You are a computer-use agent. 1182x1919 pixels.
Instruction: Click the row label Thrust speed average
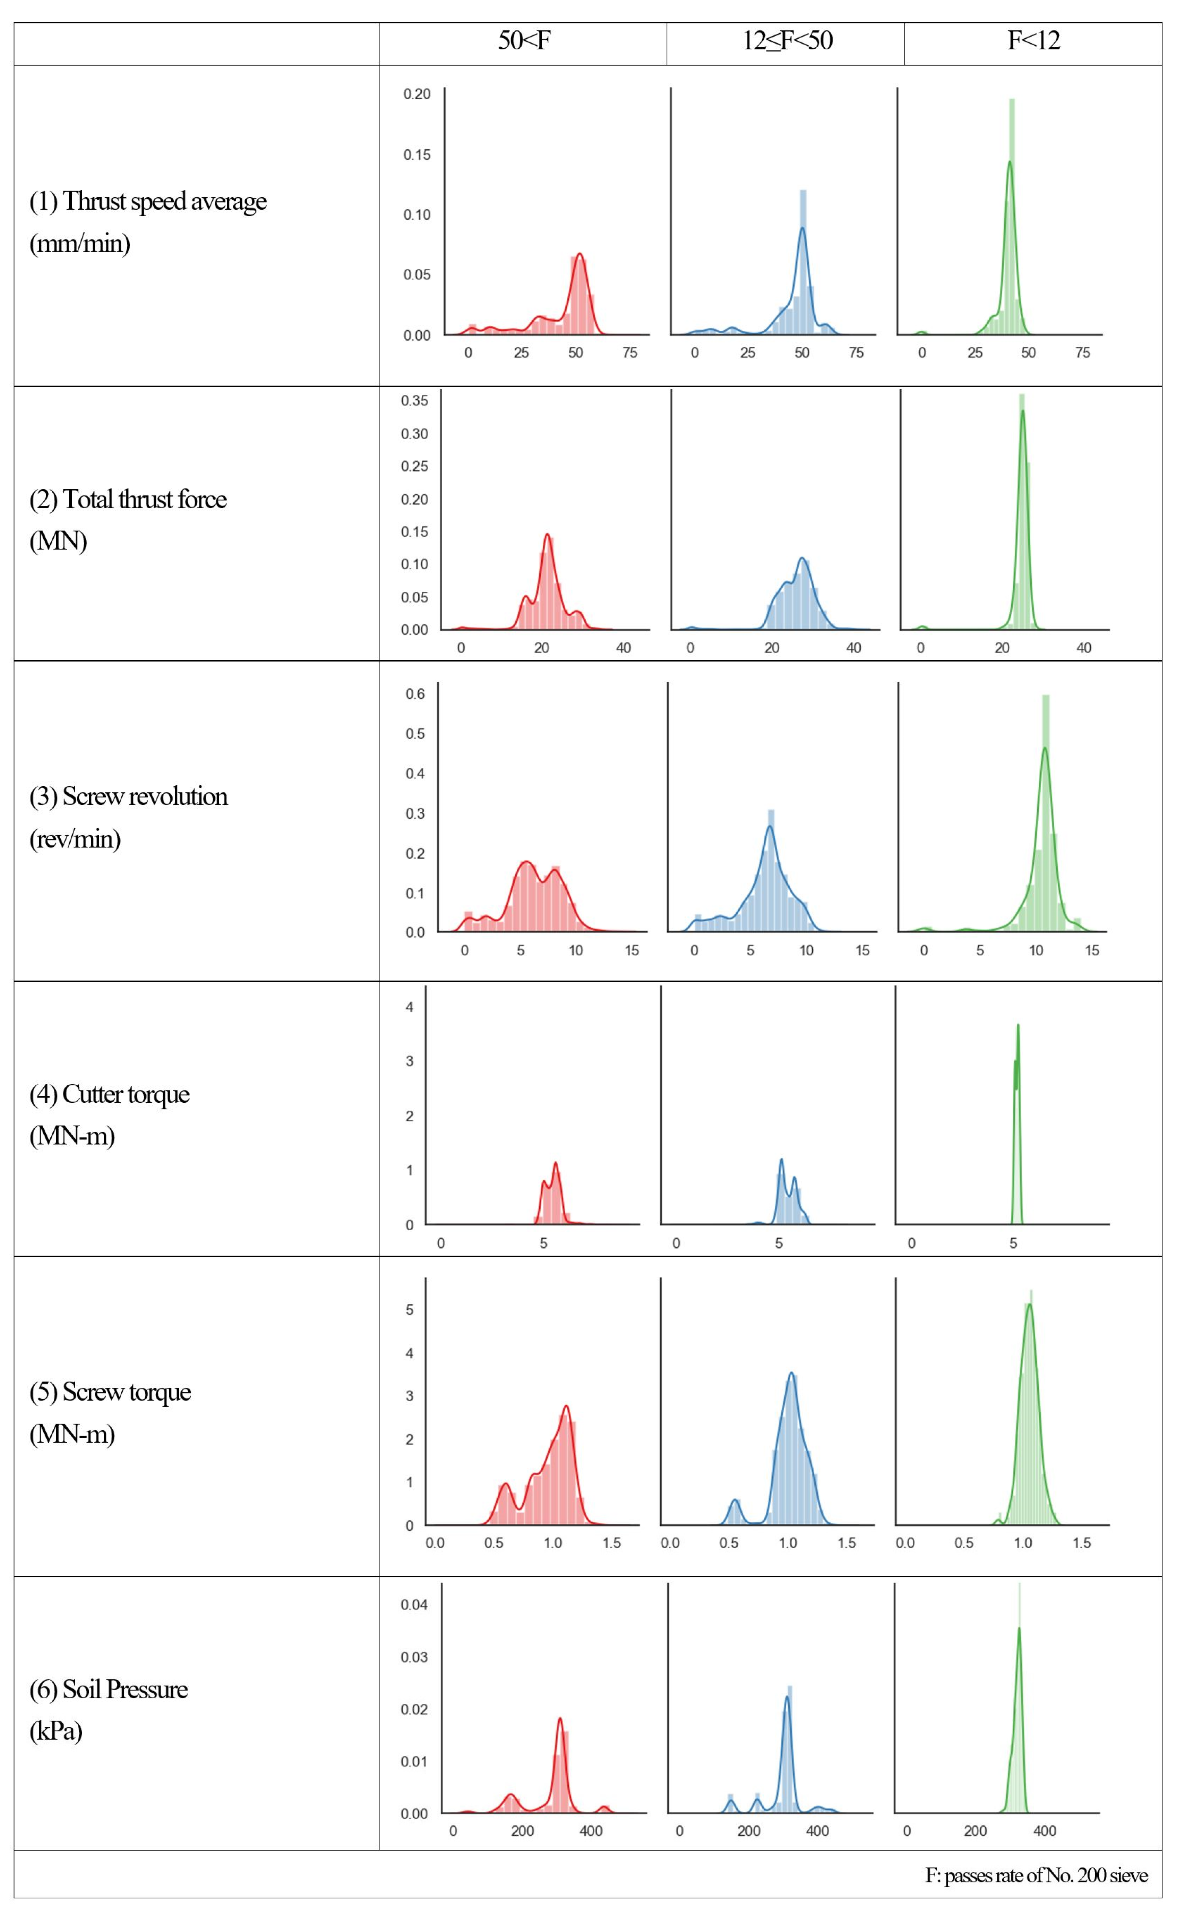(149, 202)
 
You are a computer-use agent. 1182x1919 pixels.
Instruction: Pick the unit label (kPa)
(55, 1731)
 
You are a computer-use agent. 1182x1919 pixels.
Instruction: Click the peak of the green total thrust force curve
(1023, 411)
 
